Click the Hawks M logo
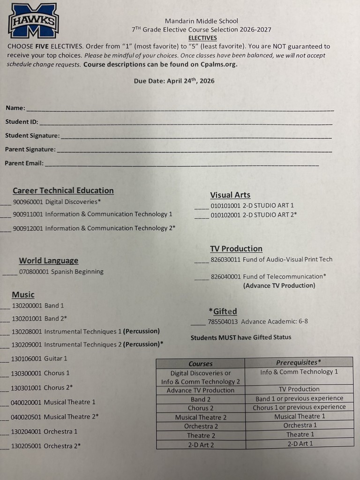(33, 20)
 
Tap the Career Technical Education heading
(63, 190)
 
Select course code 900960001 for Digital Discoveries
(28, 202)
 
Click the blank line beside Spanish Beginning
(10, 272)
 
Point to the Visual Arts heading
(230, 195)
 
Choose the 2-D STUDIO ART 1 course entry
(252, 205)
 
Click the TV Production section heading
(236, 248)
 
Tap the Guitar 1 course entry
(39, 359)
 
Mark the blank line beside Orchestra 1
(5, 432)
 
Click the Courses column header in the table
(200, 363)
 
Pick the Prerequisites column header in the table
(299, 362)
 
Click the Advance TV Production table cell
(200, 390)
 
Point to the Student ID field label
(22, 122)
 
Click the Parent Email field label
(24, 163)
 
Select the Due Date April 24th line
(174, 81)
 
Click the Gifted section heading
(223, 311)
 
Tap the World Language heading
(48, 261)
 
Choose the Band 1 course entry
(38, 306)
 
